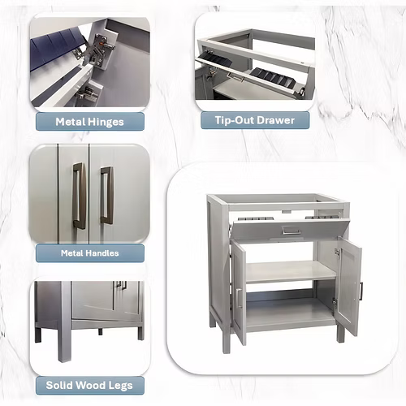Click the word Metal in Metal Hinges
71,122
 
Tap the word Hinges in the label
106,123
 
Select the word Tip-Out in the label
232,120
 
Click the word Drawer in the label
274,120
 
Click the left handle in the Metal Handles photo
79,196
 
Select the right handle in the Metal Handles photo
106,195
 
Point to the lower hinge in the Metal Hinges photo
87,94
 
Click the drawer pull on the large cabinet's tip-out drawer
291,231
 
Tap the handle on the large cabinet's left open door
239,298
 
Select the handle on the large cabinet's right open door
361,292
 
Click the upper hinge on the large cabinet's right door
338,253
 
